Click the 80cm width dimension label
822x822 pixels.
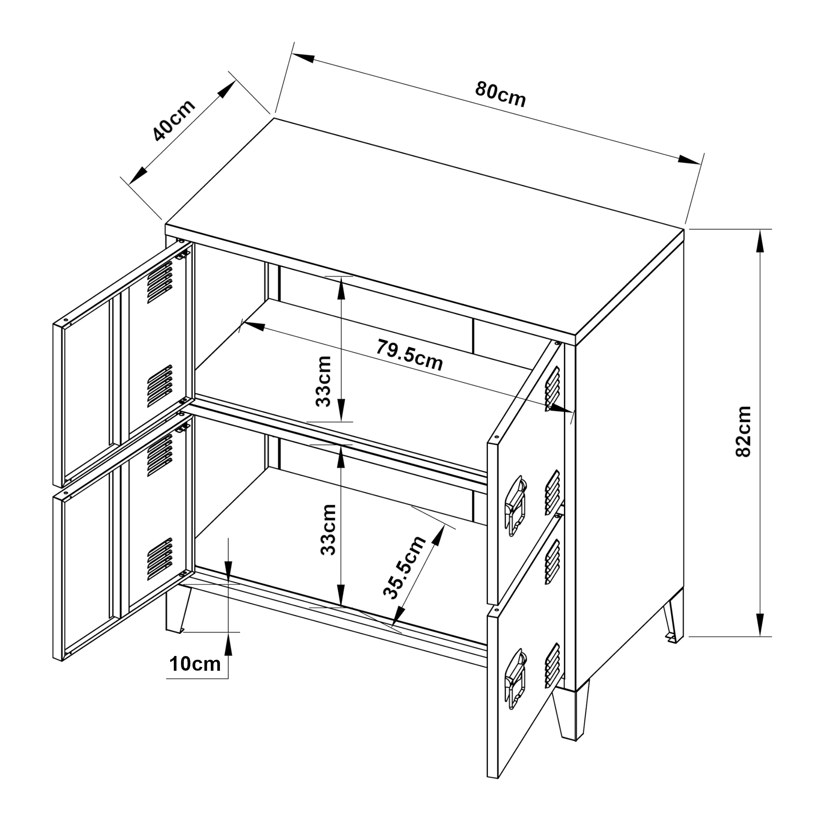(500, 94)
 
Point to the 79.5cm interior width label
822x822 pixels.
(409, 355)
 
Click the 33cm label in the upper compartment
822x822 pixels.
(324, 381)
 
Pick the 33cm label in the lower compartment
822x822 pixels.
(328, 530)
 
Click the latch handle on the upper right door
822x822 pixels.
(515, 505)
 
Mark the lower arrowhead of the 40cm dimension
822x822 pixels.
(137, 176)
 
